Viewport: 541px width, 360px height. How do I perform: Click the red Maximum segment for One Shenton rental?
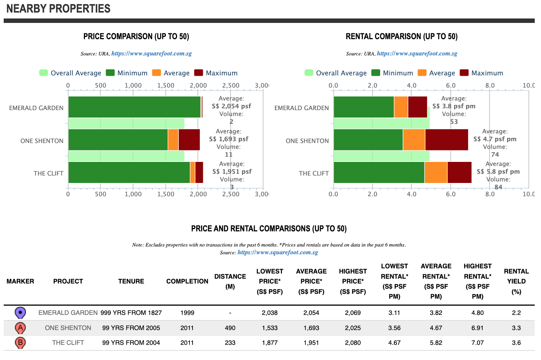coord(446,140)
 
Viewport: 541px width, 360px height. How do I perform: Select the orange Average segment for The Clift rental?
coord(436,172)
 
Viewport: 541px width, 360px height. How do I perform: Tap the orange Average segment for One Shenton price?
coord(173,140)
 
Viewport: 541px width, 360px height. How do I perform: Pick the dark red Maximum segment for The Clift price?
coord(199,172)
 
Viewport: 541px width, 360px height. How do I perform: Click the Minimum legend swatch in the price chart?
coord(110,73)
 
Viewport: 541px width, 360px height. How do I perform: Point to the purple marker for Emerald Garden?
coord(20,313)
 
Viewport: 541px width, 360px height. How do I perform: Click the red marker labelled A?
coord(20,327)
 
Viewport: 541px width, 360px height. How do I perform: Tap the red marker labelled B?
coord(20,343)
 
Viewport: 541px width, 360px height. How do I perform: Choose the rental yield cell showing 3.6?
coord(516,343)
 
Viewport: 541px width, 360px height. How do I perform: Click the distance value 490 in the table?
coord(230,328)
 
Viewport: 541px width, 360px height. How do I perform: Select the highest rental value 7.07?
coord(477,343)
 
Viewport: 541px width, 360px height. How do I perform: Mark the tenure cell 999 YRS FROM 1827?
coord(131,313)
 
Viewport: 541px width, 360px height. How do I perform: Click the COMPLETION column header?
coord(187,281)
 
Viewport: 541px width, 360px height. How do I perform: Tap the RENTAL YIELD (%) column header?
coord(516,281)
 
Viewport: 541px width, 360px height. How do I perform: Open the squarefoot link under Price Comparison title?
coord(152,54)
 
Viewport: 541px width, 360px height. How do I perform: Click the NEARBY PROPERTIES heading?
coord(58,9)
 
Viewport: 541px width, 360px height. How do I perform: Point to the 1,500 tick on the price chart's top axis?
coord(166,85)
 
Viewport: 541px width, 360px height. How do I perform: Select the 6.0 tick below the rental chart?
coord(451,194)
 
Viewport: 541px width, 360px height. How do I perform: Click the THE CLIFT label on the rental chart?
coord(314,173)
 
